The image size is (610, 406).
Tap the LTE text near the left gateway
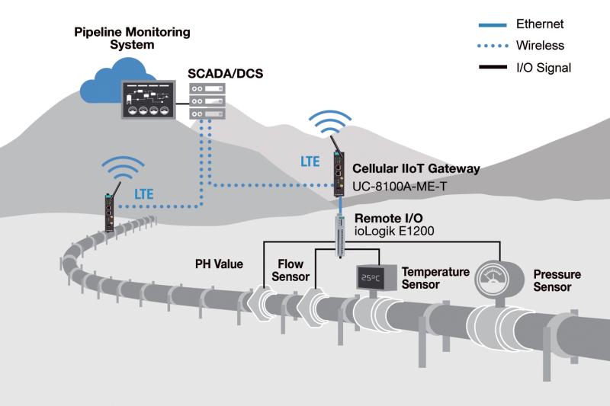click(x=144, y=193)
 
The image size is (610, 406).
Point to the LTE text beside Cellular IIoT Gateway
click(x=310, y=161)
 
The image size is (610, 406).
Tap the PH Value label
click(x=218, y=265)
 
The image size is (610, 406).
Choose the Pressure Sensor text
click(x=557, y=280)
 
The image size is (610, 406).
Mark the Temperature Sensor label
click(x=435, y=277)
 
